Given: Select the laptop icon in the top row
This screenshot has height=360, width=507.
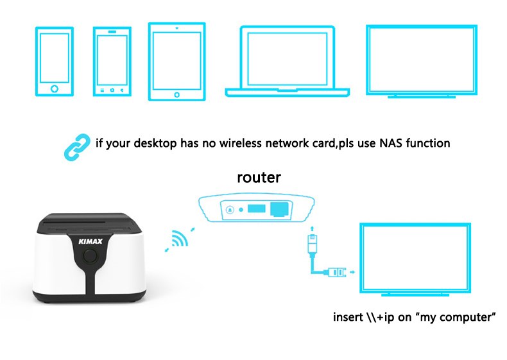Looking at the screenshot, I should pyautogui.click(x=288, y=62).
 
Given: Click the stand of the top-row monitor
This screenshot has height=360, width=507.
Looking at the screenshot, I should pyautogui.click(x=422, y=96).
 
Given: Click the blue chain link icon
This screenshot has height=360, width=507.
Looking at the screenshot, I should pyautogui.click(x=75, y=145).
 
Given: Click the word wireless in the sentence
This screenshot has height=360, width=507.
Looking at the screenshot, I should pyautogui.click(x=237, y=142).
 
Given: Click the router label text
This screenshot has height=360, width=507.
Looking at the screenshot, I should pyautogui.click(x=259, y=177).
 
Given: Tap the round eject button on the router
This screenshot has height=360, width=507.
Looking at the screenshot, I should pyautogui.click(x=228, y=208).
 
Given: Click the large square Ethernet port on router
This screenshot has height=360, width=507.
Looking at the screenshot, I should pyautogui.click(x=279, y=208).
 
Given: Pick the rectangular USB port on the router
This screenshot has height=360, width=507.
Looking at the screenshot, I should pyautogui.click(x=255, y=208).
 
